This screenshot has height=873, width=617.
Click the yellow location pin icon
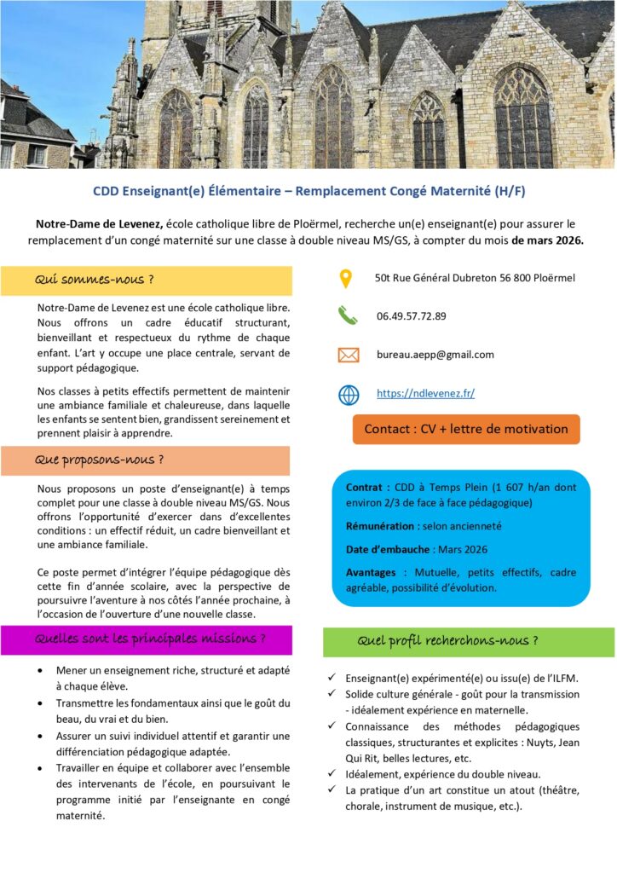[345, 279]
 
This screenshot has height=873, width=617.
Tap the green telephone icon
[347, 315]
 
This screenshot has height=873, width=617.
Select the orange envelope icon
[348, 355]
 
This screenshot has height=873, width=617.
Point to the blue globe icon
[348, 394]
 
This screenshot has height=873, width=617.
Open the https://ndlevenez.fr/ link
[425, 393]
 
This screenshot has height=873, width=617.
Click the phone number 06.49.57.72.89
[411, 315]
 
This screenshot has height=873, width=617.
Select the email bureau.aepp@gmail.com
[435, 355]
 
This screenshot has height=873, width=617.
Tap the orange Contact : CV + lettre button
[465, 429]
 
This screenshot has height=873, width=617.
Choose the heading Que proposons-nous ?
[99, 460]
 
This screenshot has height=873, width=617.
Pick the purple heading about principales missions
[150, 639]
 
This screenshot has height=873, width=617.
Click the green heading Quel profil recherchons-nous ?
[447, 640]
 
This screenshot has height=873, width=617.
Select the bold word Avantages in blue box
[372, 571]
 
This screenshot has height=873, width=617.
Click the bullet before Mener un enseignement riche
[43, 671]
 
